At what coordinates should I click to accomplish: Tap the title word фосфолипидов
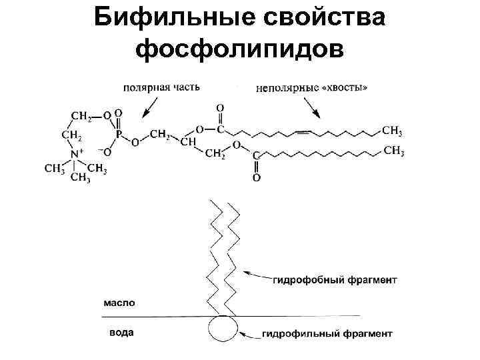(240, 49)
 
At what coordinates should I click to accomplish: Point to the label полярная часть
(161, 87)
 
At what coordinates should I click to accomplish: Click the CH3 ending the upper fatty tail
(391, 129)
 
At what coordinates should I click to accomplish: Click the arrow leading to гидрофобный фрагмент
(257, 273)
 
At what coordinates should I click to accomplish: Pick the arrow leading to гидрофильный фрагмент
(251, 333)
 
